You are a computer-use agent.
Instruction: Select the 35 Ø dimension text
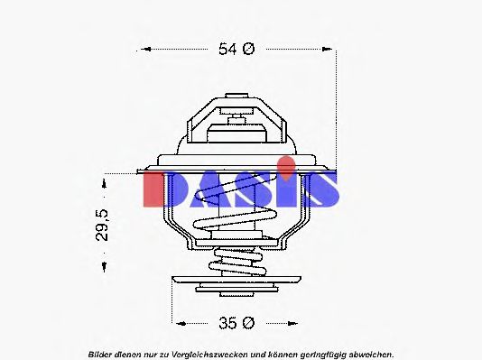click(237, 322)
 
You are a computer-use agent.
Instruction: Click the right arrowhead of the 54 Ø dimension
click(331, 50)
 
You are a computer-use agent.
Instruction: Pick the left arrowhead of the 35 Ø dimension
click(178, 322)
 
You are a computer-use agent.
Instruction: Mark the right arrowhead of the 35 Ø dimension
click(299, 322)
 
